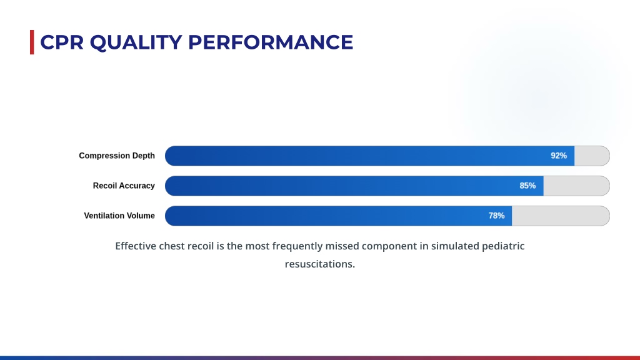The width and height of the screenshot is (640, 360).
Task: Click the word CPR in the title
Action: tap(62, 42)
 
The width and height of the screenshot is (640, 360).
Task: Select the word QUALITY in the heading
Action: tap(136, 42)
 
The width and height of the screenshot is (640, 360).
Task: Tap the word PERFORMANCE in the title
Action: tap(271, 42)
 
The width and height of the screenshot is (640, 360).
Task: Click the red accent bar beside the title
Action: tap(32, 42)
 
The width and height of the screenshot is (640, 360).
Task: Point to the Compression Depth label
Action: tap(117, 156)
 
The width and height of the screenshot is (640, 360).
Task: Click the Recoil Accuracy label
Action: tap(124, 186)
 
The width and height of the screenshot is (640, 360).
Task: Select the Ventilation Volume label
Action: tap(119, 216)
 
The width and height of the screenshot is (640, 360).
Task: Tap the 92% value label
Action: tap(559, 156)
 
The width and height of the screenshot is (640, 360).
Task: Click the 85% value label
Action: tap(527, 186)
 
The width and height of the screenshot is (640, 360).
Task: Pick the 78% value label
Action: tap(496, 216)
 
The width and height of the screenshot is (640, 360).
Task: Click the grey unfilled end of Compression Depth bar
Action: tap(592, 156)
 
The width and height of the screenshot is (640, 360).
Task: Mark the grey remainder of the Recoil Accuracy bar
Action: tap(576, 186)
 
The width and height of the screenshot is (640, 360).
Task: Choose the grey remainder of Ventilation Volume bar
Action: tap(561, 216)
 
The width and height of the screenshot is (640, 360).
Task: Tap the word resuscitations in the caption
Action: tap(319, 264)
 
